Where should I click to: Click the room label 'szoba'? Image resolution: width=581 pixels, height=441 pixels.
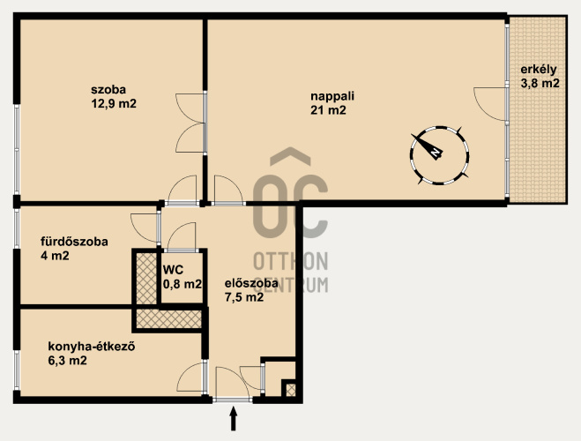108,90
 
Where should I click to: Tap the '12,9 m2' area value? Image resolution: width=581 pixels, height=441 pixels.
114,103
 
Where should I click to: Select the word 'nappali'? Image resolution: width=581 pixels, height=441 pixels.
332,96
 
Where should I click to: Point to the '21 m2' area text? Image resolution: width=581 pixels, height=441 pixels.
328,110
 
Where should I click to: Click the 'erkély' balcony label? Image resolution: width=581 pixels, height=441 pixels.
539,70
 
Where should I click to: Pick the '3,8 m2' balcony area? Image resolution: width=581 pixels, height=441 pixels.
540,84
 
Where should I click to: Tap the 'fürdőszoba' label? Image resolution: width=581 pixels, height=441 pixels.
74,242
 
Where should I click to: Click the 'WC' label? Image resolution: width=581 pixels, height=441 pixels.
173,270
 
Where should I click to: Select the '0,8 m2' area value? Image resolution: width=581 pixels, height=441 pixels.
182,284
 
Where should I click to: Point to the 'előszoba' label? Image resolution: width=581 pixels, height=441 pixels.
251,283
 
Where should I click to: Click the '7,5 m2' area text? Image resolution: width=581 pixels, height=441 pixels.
244,297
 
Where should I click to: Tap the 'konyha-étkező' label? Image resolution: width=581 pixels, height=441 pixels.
91,347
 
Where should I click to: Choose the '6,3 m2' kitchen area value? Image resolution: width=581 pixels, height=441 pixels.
67,360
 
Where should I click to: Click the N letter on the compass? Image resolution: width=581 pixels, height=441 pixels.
436,152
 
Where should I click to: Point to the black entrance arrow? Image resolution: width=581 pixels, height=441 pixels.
233,419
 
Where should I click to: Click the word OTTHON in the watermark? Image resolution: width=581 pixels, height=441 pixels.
291,262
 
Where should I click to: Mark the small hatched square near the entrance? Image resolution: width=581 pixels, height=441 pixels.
291,390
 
